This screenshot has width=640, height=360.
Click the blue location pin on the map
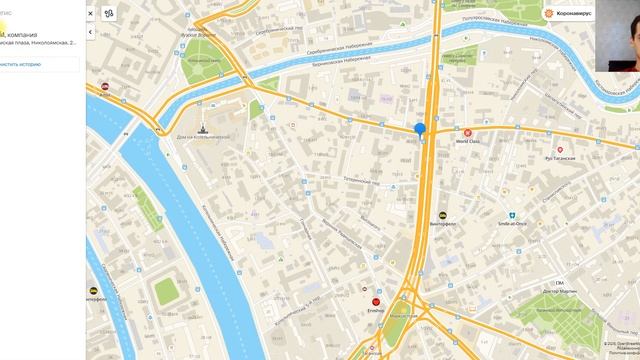coord(420,129)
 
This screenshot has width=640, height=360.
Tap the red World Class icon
coord(467,132)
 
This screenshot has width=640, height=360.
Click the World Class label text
coord(468,142)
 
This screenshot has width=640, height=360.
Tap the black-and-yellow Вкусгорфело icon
coord(442,214)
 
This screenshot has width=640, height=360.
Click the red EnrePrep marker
coord(376,301)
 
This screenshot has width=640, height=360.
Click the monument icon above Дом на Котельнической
coord(204,127)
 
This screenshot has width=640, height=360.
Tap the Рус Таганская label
coord(559,158)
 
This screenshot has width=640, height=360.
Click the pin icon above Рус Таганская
coord(560,149)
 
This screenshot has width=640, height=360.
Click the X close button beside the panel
coord(91,14)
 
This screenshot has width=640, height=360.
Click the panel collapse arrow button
coord(91,32)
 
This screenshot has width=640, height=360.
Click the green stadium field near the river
coord(166,291)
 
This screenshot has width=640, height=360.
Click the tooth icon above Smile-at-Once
coord(511,214)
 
